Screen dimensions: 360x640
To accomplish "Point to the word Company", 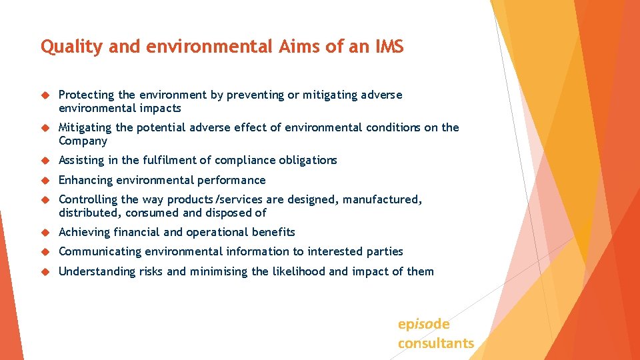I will click(83, 141).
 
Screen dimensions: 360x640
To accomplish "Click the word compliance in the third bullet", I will click(243, 160).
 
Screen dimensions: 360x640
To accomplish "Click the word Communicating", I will click(100, 251).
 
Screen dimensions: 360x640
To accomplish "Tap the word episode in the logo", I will click(423, 324).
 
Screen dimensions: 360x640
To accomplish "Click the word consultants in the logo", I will click(436, 343).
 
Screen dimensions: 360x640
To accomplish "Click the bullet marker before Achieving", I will click(45, 233).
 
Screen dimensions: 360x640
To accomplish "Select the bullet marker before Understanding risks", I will click(45, 272).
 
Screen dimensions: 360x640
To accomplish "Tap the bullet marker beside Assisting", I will click(45, 161).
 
